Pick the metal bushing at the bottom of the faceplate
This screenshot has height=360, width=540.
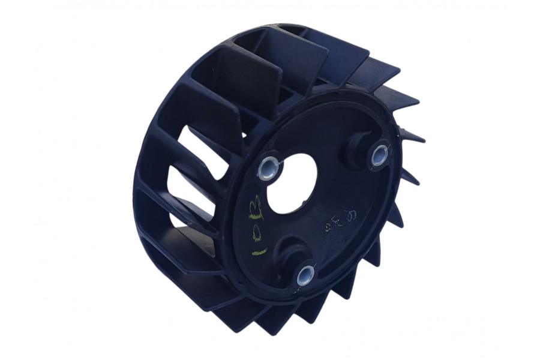click(x=305, y=275)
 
